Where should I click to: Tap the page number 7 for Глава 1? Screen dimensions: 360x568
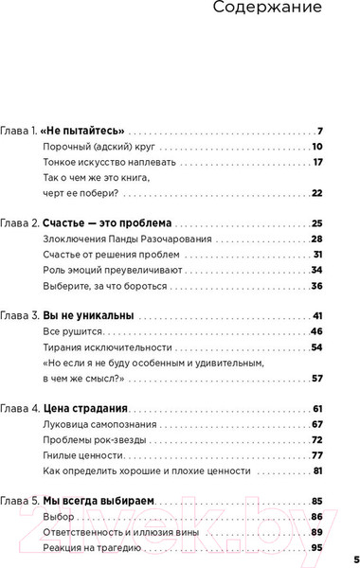tap(320, 131)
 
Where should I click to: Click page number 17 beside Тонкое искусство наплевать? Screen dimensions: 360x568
tap(318, 162)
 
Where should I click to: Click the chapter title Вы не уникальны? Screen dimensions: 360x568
tap(88, 314)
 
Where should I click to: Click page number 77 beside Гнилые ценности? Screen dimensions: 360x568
tap(317, 455)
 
